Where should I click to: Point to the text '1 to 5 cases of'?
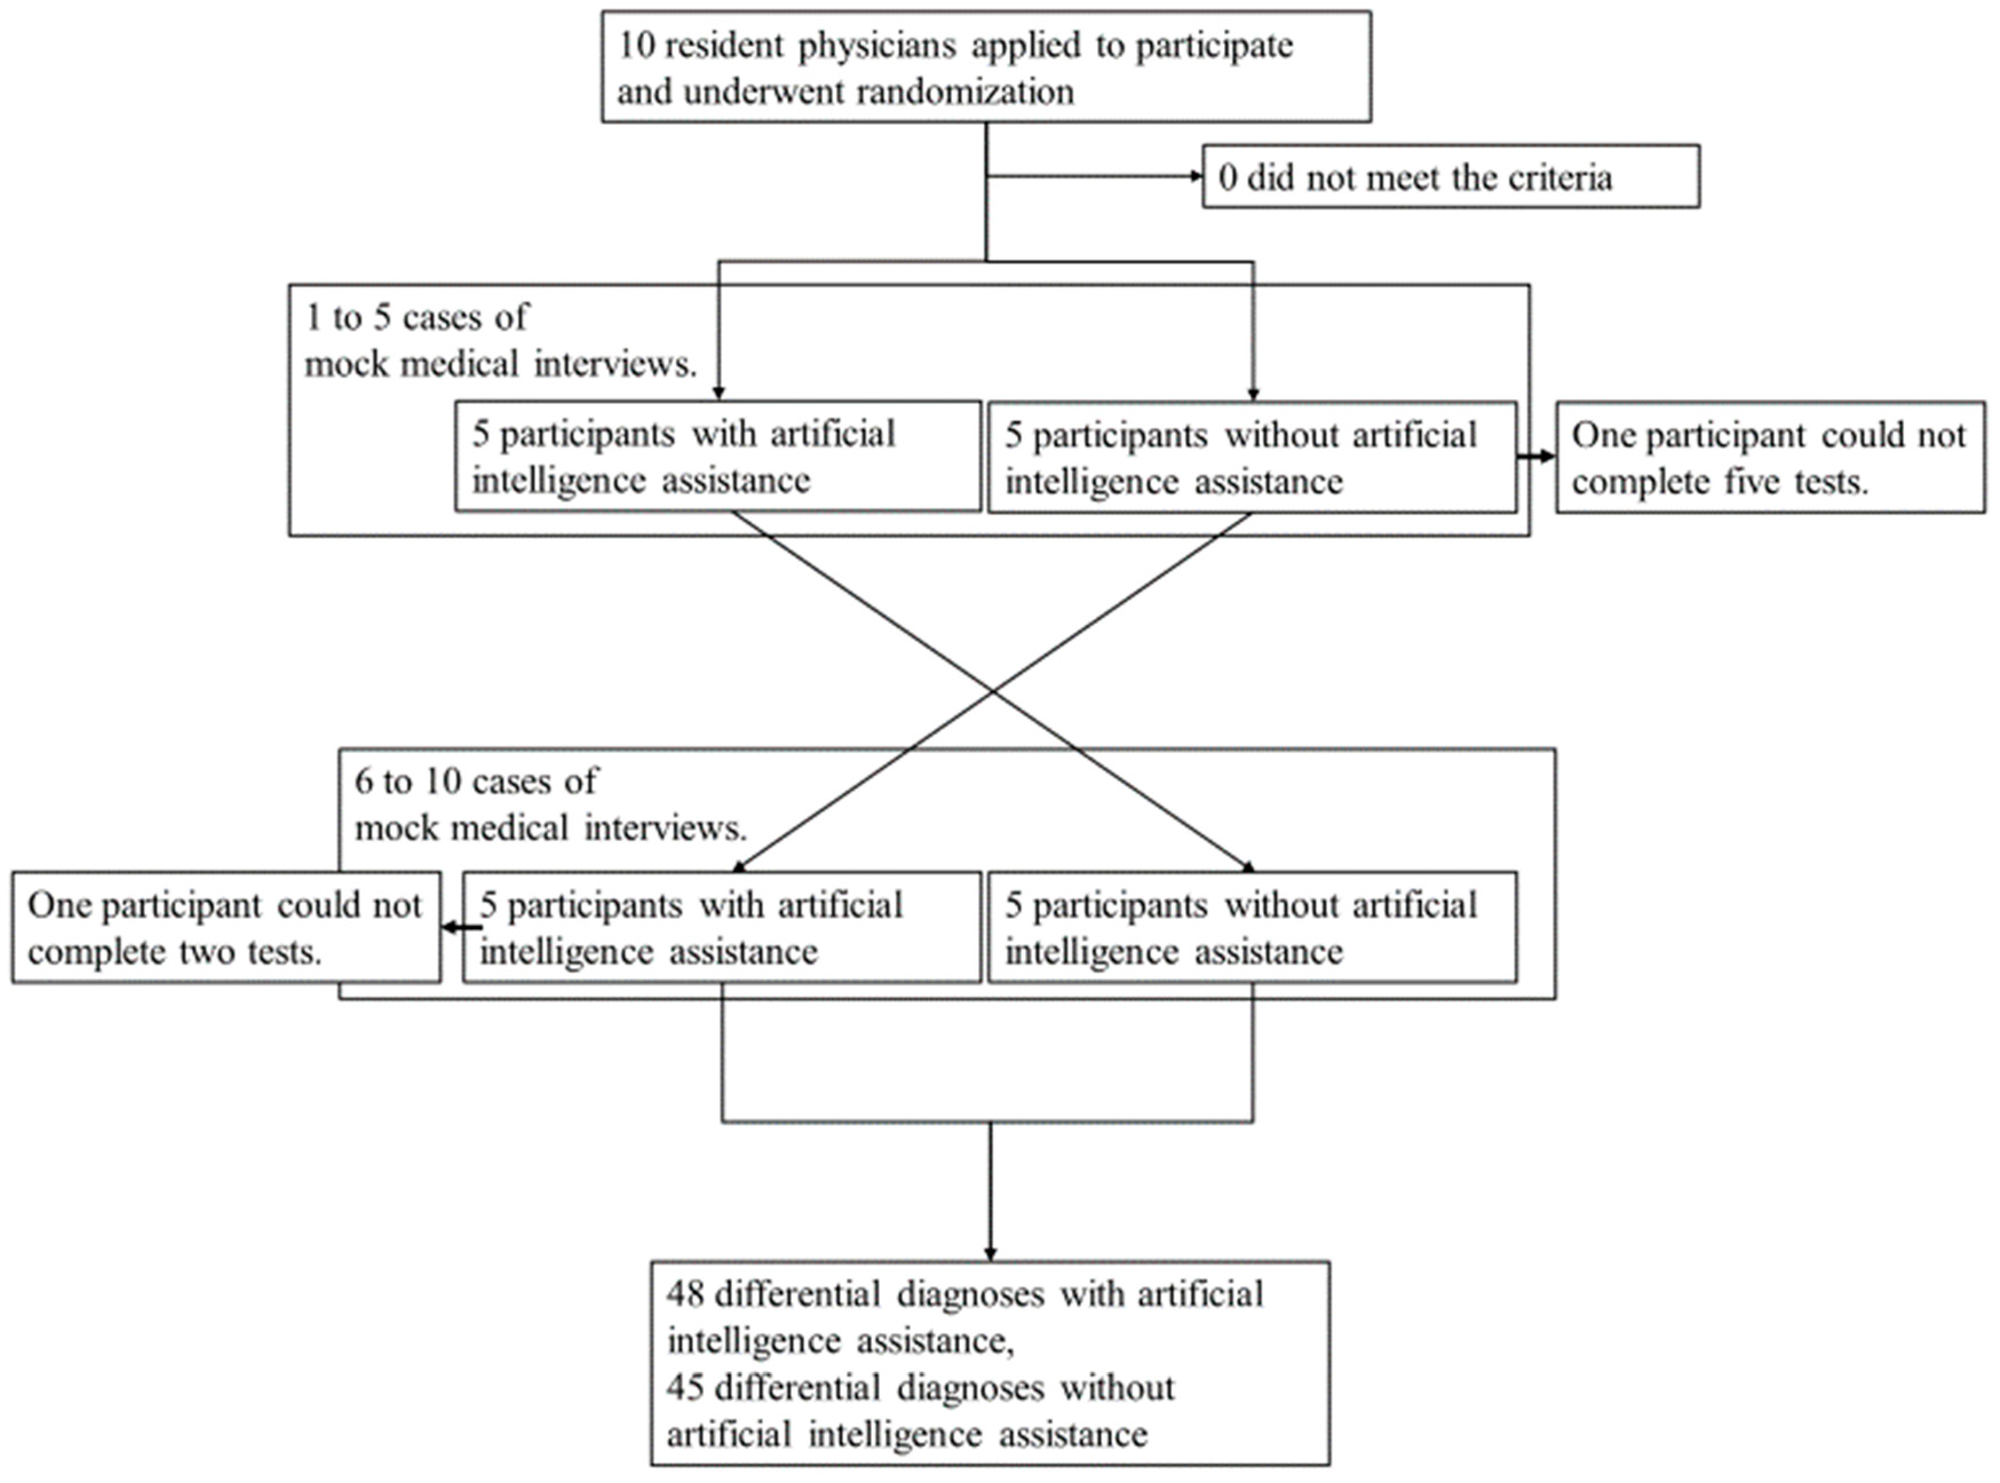pyautogui.click(x=416, y=317)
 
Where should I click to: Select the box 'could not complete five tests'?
pyautogui.click(x=1769, y=458)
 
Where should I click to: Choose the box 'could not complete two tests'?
pyautogui.click(x=225, y=927)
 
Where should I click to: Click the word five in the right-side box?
pyautogui.click(x=1751, y=482)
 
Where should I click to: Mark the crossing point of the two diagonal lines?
pyautogui.click(x=992, y=691)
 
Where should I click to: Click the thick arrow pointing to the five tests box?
pyautogui.click(x=1537, y=457)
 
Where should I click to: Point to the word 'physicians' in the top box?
pyautogui.click(x=878, y=45)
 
